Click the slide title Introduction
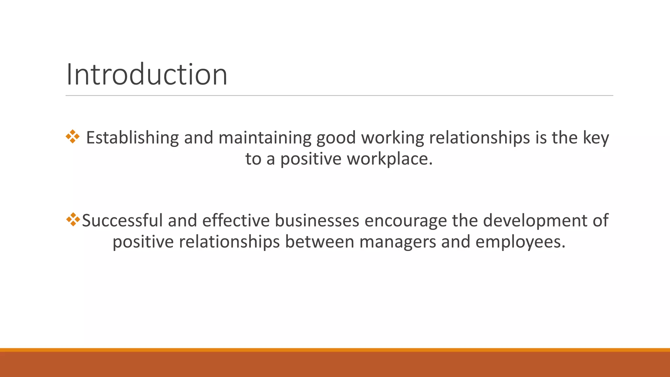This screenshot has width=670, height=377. click(x=147, y=75)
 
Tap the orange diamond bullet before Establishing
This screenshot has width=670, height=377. click(x=72, y=137)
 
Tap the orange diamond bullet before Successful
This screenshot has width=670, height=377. click(x=73, y=220)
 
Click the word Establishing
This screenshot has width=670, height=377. click(x=132, y=138)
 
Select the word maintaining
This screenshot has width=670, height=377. click(x=265, y=138)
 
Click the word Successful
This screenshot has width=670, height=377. click(x=122, y=220)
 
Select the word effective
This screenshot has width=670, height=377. click(x=236, y=220)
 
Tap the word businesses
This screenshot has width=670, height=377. click(x=317, y=220)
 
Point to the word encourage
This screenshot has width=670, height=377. click(x=405, y=221)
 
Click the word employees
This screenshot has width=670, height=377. click(x=520, y=242)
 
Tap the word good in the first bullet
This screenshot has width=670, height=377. click(x=336, y=138)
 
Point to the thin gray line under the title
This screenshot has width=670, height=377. click(x=339, y=96)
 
